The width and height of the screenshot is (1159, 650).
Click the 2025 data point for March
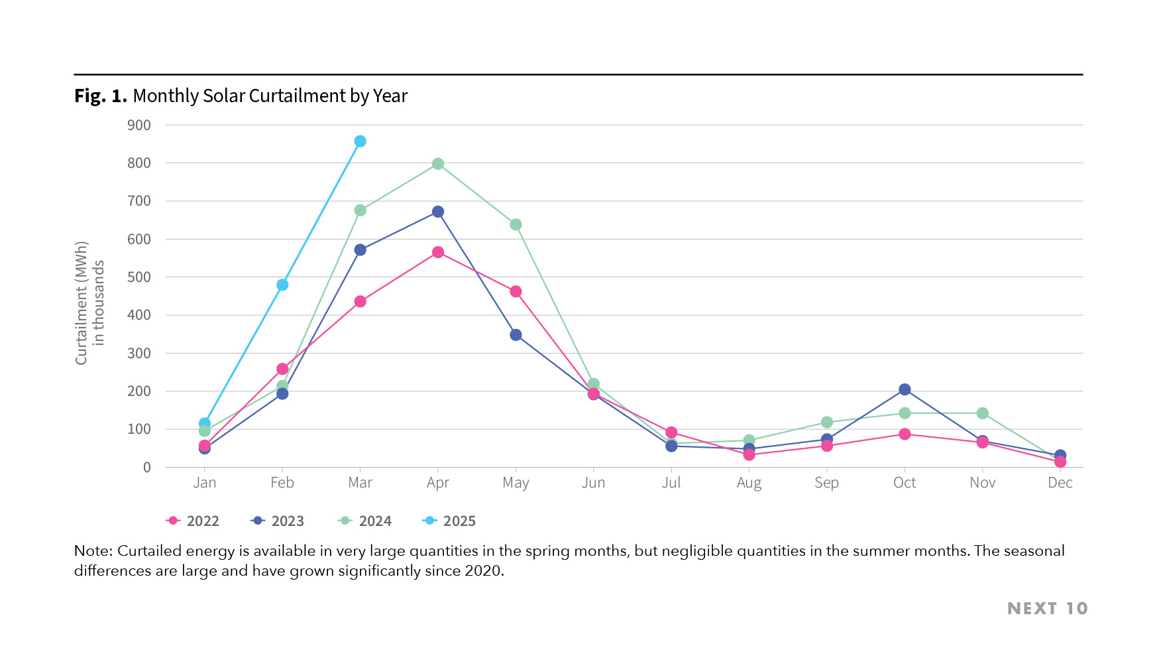(x=360, y=141)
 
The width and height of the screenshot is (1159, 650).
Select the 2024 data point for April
(x=438, y=164)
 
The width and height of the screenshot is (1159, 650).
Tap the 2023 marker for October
(x=905, y=389)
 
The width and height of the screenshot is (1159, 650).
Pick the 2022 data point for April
(x=438, y=252)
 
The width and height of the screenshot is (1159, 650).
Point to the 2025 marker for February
(x=282, y=285)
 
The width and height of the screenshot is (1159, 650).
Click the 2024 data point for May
(x=516, y=225)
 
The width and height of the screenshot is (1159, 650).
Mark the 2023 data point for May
(x=516, y=335)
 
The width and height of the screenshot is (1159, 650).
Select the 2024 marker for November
(x=983, y=413)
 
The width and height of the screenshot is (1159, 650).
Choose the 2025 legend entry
(x=449, y=521)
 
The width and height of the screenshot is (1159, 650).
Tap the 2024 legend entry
(x=365, y=521)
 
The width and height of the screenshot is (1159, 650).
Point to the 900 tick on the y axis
(x=139, y=125)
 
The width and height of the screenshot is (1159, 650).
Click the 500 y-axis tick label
(x=139, y=277)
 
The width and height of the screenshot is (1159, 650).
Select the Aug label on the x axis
(x=749, y=483)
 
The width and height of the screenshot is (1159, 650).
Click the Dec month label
(x=1060, y=483)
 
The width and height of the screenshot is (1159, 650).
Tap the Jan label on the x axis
(x=204, y=483)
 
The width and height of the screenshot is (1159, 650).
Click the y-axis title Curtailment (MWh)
(x=82, y=302)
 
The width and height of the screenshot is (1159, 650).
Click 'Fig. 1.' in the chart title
(x=101, y=96)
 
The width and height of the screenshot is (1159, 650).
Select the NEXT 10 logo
(x=1047, y=608)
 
